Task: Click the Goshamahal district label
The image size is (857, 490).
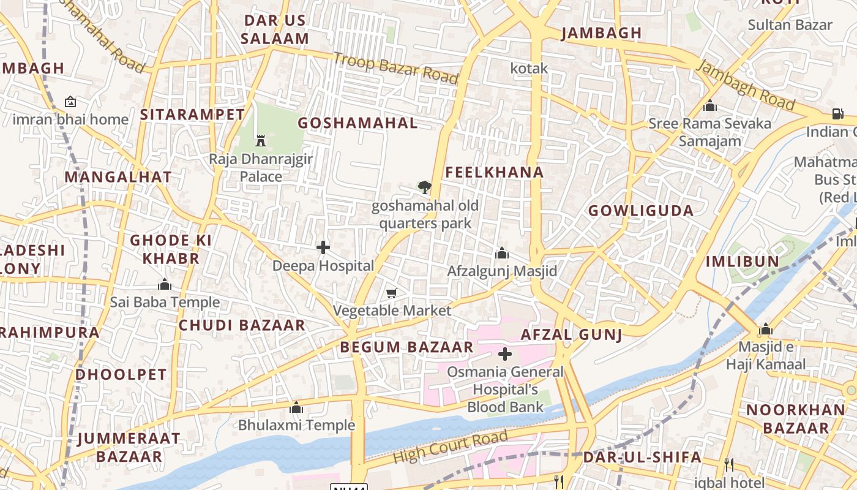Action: pyautogui.click(x=357, y=123)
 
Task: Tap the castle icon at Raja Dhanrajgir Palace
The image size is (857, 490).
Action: pyautogui.click(x=261, y=140)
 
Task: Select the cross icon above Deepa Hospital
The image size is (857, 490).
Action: pyautogui.click(x=323, y=247)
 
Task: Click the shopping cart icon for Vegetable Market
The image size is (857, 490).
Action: pyautogui.click(x=392, y=293)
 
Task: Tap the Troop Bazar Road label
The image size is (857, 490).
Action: pyautogui.click(x=395, y=68)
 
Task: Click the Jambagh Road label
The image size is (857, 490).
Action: pyautogui.click(x=746, y=86)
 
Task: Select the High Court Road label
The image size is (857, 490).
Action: pyautogui.click(x=450, y=447)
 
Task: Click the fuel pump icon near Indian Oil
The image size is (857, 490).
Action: pyautogui.click(x=837, y=114)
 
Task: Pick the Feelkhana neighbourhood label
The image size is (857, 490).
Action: pyautogui.click(x=494, y=173)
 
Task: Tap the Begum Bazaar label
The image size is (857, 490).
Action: pyautogui.click(x=406, y=347)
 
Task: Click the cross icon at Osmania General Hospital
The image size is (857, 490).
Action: pyautogui.click(x=505, y=354)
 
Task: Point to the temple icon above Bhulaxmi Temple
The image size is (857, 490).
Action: pyautogui.click(x=296, y=407)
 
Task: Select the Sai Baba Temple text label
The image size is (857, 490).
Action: pyautogui.click(x=165, y=302)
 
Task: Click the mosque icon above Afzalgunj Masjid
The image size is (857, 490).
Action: pyautogui.click(x=502, y=253)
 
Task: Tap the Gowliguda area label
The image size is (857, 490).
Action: pyautogui.click(x=641, y=211)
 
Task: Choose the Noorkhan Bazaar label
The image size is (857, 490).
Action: pyautogui.click(x=796, y=418)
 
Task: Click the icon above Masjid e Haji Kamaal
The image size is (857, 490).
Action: pyautogui.click(x=765, y=330)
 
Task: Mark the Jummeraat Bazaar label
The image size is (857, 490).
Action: pyautogui.click(x=129, y=447)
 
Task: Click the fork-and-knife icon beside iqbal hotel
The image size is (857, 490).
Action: pyautogui.click(x=728, y=464)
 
